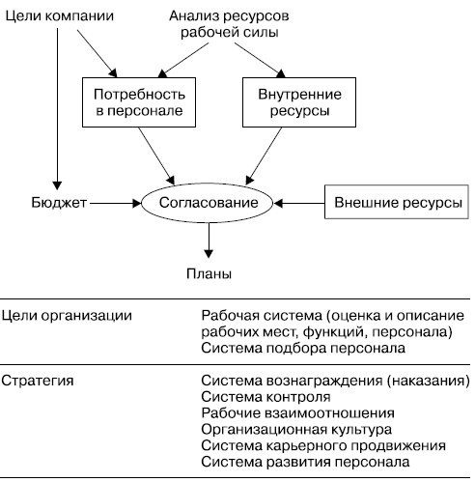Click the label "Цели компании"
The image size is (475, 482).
click(60, 16)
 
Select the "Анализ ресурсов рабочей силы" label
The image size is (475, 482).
click(229, 24)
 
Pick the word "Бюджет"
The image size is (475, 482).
click(59, 203)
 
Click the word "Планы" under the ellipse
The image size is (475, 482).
click(209, 273)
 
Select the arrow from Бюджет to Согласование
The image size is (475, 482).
click(116, 204)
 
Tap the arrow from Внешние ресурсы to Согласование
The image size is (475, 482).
click(299, 204)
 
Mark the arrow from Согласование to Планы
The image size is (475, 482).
click(209, 241)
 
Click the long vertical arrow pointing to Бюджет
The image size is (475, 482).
click(57, 109)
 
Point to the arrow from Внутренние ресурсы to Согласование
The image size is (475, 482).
click(264, 156)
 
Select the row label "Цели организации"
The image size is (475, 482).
click(67, 316)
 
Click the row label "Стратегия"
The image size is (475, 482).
click(38, 381)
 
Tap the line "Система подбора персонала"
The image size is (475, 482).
click(303, 348)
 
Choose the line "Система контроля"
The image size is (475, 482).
click(265, 397)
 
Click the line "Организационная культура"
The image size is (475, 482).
click(296, 430)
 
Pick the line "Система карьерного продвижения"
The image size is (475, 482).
click(323, 446)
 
